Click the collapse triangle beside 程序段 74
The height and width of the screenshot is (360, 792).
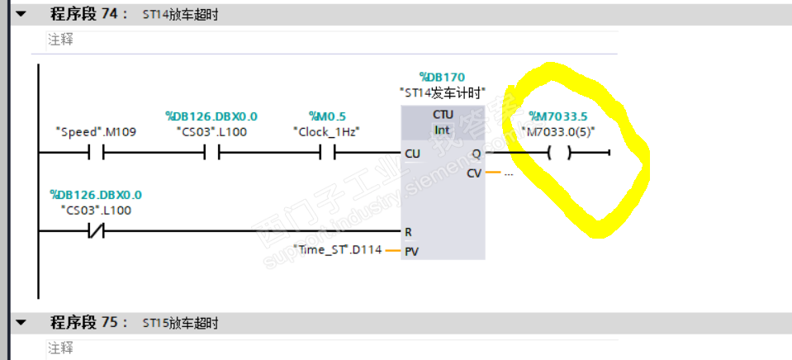[x=21, y=15]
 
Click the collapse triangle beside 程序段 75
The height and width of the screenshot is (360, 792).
[x=21, y=322]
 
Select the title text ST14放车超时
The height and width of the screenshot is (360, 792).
[x=180, y=15]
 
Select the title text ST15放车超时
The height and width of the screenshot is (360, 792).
[x=180, y=323]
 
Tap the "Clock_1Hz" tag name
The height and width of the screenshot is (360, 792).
[x=326, y=132]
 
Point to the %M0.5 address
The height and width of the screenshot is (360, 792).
[x=327, y=117]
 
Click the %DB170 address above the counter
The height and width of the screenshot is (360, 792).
[x=442, y=78]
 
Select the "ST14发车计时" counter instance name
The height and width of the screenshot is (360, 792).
[x=442, y=92]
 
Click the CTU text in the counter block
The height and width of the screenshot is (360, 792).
[x=443, y=115]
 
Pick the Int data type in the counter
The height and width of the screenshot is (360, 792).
[x=443, y=130]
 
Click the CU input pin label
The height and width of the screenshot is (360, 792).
[x=412, y=154]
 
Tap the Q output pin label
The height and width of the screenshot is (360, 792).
[x=476, y=154]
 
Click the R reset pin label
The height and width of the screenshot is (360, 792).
[x=408, y=233]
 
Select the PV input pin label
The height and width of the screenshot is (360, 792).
[x=410, y=250]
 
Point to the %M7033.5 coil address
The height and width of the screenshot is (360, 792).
[x=557, y=116]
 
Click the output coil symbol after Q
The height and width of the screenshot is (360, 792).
[x=559, y=154]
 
